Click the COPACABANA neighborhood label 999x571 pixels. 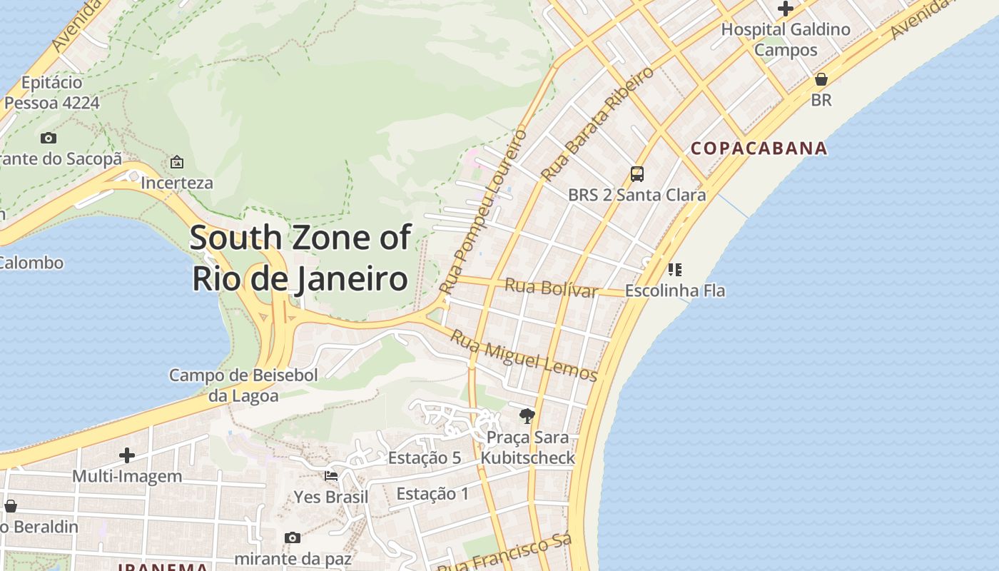[x=759, y=148]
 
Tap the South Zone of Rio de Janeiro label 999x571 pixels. [x=300, y=258]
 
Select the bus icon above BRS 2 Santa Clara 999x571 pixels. [x=637, y=174]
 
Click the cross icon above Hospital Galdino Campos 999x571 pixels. [x=786, y=9]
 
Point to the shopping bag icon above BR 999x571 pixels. [x=821, y=79]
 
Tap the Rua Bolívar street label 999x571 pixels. [x=551, y=288]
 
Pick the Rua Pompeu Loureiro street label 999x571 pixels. [x=483, y=212]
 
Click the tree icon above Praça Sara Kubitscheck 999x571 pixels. [x=527, y=416]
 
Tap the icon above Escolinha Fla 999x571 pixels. [x=674, y=270]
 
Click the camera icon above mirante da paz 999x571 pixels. [x=292, y=537]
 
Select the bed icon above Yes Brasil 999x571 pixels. [x=331, y=476]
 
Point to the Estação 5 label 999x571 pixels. [x=424, y=458]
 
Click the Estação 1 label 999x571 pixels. [x=432, y=493]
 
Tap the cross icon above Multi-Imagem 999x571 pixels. [x=127, y=455]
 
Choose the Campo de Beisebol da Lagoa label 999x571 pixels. [x=243, y=385]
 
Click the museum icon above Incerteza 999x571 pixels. [x=177, y=162]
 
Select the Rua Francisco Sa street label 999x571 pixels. [x=504, y=554]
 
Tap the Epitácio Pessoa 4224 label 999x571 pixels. [x=51, y=93]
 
